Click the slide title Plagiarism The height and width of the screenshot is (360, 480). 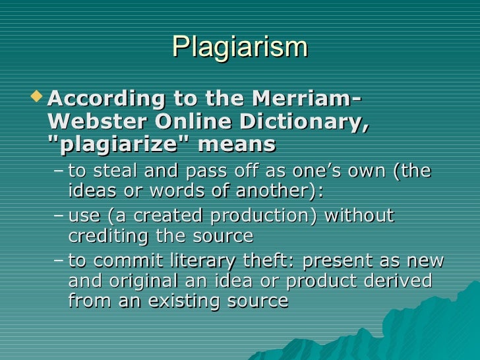[240, 47]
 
